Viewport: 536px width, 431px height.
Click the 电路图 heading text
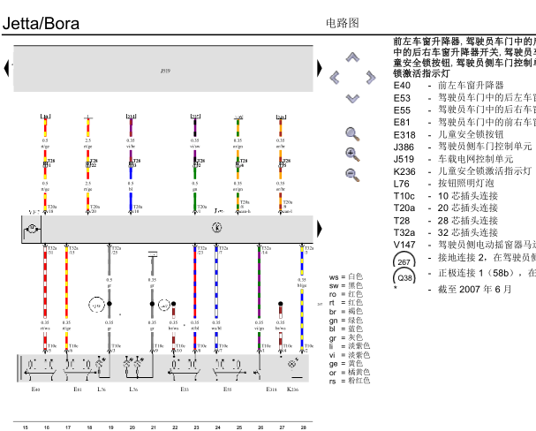point(343,23)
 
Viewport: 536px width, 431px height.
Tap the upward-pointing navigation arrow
point(352,57)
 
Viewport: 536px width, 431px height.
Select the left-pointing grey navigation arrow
point(335,78)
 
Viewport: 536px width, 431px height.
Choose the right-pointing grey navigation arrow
point(370,78)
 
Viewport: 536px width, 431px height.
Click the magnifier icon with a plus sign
point(352,154)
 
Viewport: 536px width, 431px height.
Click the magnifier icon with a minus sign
point(352,173)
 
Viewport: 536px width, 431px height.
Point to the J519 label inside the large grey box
point(165,69)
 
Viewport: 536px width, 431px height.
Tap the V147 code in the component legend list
point(404,245)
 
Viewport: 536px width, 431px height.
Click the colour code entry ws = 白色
point(345,277)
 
